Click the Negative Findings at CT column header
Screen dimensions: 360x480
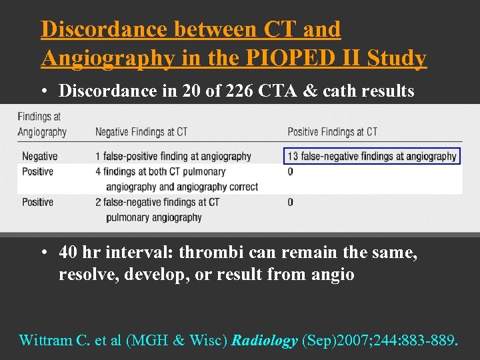point(141,132)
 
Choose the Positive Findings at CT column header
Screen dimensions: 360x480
point(332,132)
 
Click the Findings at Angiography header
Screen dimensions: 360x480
point(42,124)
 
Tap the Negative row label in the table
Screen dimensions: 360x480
point(39,157)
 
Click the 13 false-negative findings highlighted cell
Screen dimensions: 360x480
point(372,157)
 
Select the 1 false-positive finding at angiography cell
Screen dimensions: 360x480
point(173,157)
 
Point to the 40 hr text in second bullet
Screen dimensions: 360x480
point(75,253)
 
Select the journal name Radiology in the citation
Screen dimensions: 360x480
point(265,341)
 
